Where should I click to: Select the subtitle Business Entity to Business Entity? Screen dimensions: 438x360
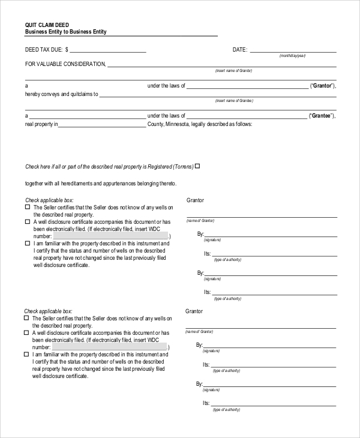(65, 32)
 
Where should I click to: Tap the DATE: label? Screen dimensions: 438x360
(239, 50)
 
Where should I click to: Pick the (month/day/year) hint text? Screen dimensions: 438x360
(292, 56)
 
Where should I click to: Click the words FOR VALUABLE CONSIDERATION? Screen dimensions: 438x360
(65, 64)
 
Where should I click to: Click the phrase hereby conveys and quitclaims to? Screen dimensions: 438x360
(61, 94)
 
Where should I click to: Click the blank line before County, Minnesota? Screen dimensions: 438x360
(102, 126)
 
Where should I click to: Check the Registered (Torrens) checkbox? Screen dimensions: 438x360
(197, 166)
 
